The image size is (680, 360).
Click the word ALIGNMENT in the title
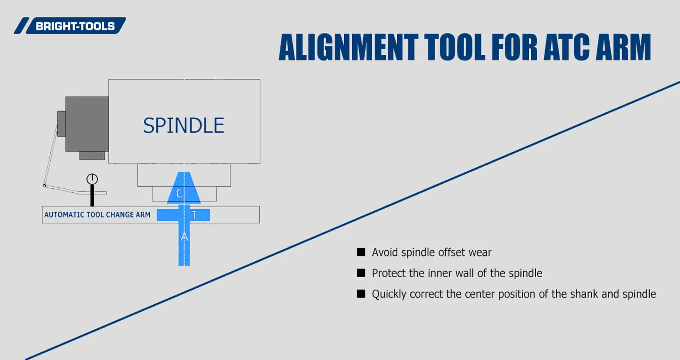tap(348, 47)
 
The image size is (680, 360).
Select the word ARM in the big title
tap(623, 47)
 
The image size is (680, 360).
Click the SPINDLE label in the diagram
tap(183, 126)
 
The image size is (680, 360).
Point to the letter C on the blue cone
tap(179, 193)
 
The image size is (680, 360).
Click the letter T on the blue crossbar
tap(194, 215)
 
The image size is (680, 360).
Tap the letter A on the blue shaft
tap(184, 237)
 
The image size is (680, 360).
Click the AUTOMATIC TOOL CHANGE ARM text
tap(97, 215)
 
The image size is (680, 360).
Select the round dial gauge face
tap(92, 179)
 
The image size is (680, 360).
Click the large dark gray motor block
tap(87, 123)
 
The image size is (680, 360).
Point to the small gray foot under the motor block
tap(92, 156)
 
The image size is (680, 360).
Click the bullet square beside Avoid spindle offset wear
tap(361, 252)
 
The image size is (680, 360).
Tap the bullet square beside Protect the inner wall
tap(361, 273)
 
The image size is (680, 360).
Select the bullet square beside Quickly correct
tap(361, 294)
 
